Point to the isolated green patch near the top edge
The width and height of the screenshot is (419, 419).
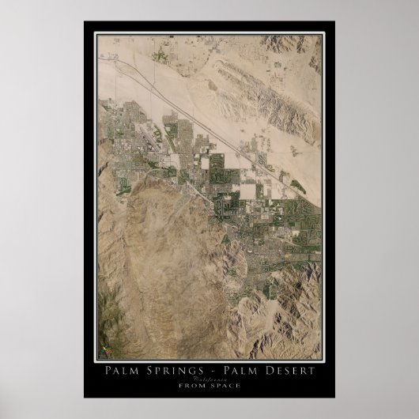click(164, 55)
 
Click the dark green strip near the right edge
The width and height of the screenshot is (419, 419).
click(297, 187)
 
